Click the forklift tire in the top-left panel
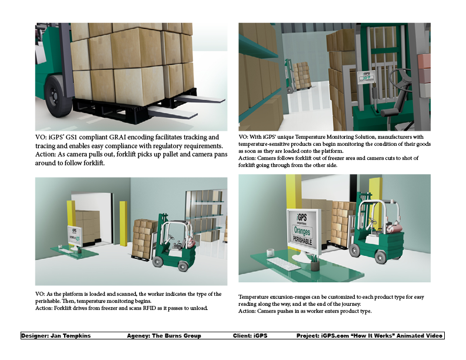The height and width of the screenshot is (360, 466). click(x=58, y=96)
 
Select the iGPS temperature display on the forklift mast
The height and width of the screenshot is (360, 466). click(x=366, y=77)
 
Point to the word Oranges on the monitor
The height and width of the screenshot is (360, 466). click(x=302, y=231)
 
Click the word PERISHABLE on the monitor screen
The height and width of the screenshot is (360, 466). click(x=302, y=240)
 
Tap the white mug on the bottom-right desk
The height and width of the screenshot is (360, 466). click(x=270, y=252)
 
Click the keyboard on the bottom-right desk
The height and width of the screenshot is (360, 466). click(x=284, y=264)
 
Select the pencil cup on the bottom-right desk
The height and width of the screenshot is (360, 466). click(x=315, y=264)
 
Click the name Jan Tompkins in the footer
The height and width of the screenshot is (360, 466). click(x=71, y=336)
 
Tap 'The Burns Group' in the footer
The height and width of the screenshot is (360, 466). click(x=177, y=336)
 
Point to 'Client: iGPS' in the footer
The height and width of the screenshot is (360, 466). click(x=250, y=336)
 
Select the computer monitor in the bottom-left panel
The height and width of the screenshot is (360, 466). click(x=74, y=235)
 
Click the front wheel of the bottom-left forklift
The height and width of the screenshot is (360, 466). click(x=158, y=262)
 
